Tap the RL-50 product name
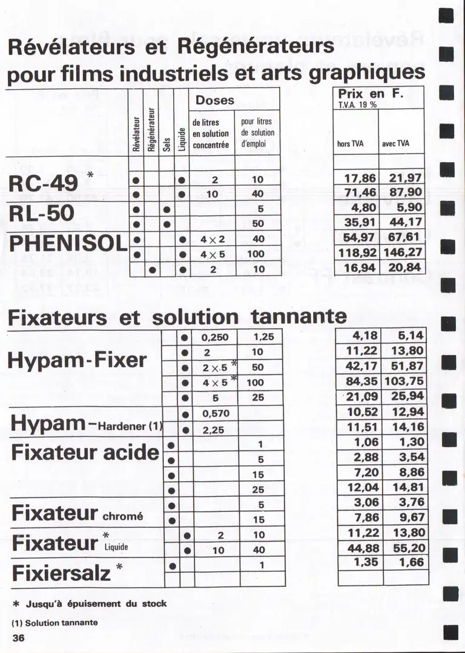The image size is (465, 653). pyautogui.click(x=41, y=212)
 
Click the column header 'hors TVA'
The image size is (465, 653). pyautogui.click(x=351, y=144)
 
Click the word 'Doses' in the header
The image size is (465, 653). pyautogui.click(x=215, y=100)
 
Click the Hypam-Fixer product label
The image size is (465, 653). pyautogui.click(x=77, y=360)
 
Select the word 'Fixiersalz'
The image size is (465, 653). pyautogui.click(x=61, y=571)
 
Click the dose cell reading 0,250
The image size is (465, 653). pyautogui.click(x=215, y=337)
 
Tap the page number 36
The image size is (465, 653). pyautogui.click(x=18, y=637)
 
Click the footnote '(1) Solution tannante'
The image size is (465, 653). pyautogui.click(x=54, y=622)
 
